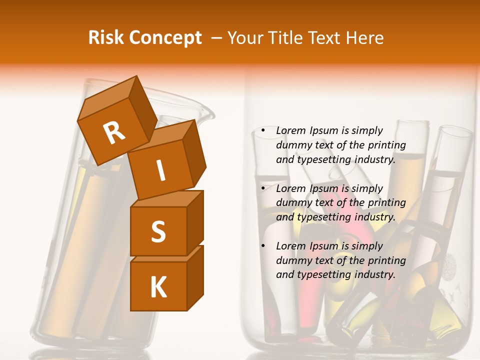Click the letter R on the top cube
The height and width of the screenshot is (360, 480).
click(x=114, y=133)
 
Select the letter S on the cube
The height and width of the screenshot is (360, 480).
click(x=158, y=231)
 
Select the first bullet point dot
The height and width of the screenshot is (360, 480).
click(x=263, y=131)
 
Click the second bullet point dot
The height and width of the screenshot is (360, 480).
click(x=263, y=189)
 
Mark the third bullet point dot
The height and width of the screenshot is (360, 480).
click(x=263, y=246)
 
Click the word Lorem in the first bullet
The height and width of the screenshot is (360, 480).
click(x=291, y=130)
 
